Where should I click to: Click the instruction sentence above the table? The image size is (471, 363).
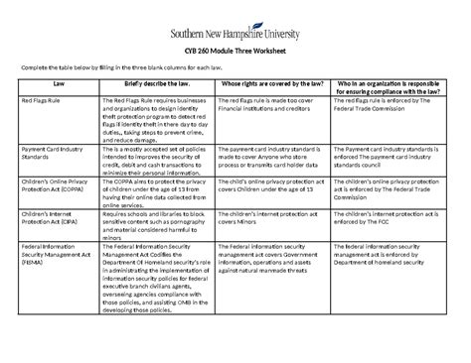click(129, 65)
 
